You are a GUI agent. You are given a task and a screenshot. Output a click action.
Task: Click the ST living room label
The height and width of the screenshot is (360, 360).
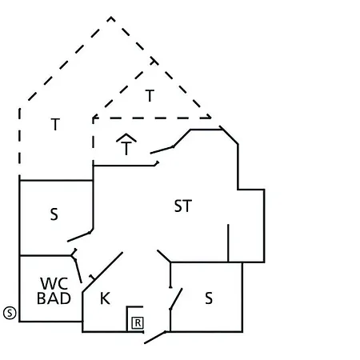click(x=183, y=206)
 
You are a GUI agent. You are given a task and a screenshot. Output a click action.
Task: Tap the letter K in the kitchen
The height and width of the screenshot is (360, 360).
click(x=105, y=298)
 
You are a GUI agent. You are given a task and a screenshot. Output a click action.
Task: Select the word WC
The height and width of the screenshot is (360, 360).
click(x=54, y=283)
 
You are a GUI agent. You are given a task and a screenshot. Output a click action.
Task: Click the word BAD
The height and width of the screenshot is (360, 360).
click(x=54, y=298)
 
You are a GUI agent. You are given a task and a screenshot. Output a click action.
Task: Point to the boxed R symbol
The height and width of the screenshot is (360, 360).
click(x=138, y=322)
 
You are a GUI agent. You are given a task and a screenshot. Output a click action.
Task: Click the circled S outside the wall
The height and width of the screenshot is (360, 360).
click(x=10, y=313)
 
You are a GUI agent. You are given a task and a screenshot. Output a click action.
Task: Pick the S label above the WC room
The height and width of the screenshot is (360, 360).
click(x=54, y=214)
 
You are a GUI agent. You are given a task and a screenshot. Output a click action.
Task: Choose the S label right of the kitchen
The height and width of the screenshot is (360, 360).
click(x=209, y=298)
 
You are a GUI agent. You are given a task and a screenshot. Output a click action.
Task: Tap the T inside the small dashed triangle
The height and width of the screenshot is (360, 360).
click(x=150, y=95)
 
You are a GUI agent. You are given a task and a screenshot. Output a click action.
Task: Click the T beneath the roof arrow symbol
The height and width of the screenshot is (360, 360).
click(x=126, y=148)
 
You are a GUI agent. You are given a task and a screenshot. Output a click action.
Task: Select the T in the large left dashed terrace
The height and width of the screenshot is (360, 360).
click(x=55, y=124)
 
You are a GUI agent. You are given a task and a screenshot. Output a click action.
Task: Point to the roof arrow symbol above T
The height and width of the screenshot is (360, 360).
click(x=126, y=138)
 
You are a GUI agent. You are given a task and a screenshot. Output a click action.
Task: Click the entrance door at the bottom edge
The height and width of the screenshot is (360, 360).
click(x=155, y=338)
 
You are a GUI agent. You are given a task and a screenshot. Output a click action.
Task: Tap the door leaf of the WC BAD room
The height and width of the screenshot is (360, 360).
click(x=78, y=270)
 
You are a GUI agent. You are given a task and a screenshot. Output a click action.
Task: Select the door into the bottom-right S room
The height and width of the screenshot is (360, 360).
click(x=176, y=298)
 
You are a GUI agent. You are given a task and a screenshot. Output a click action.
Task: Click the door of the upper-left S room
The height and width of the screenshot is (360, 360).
click(x=79, y=237)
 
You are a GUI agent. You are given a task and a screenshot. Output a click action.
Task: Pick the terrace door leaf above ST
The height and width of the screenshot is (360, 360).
click(x=162, y=150)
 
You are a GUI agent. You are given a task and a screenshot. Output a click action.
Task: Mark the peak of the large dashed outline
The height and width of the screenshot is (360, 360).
click(x=111, y=17)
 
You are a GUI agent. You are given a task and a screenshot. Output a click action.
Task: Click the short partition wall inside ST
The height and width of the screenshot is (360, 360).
click(x=228, y=243)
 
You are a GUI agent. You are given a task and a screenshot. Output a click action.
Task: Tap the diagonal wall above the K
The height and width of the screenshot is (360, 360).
click(x=102, y=272)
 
